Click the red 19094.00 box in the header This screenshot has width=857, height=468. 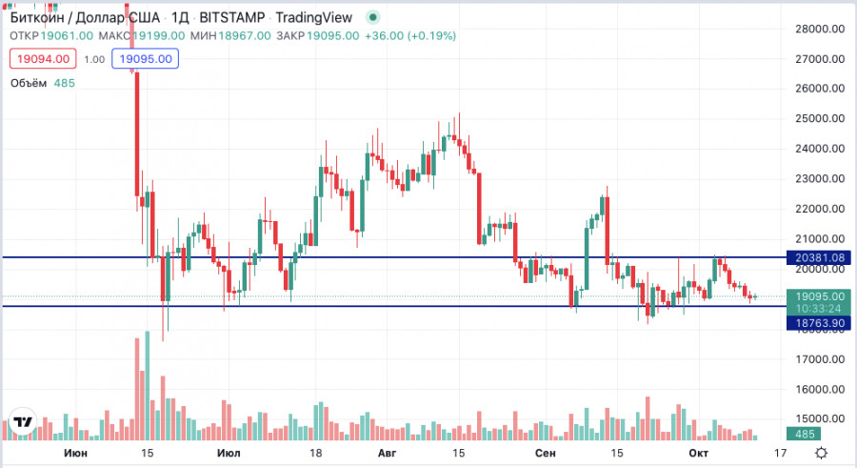coord(42,59)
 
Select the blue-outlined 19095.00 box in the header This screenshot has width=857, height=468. coord(145,59)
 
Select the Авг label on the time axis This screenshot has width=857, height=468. coord(386,452)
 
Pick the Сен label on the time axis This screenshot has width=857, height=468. coord(545,452)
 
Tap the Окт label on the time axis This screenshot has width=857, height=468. coord(700,452)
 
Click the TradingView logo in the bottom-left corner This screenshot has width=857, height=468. coord(23,422)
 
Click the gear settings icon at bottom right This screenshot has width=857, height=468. coord(821,452)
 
